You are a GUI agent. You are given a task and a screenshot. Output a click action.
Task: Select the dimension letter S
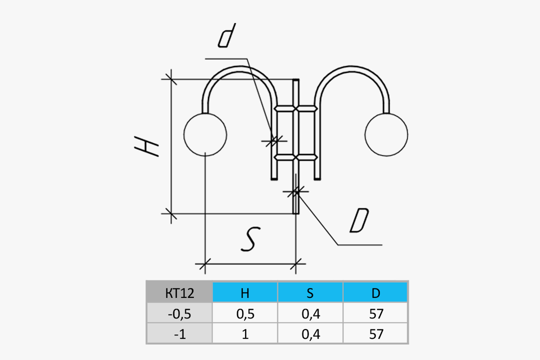249,238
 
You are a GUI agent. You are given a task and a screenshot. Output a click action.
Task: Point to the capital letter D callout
359,221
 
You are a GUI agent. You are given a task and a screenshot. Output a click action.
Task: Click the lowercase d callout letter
227,37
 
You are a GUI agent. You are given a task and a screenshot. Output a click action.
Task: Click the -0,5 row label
179,314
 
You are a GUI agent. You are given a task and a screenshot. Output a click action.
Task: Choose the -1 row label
179,334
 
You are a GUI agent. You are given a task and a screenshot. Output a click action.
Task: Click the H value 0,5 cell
245,314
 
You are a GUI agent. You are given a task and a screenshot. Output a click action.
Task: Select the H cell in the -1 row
245,334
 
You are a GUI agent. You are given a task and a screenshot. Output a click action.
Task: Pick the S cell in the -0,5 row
310,314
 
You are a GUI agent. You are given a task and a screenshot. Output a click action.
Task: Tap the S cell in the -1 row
310,334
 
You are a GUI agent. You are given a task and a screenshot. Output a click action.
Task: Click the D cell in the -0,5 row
375,314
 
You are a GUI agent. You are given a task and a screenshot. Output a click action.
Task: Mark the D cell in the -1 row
375,334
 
